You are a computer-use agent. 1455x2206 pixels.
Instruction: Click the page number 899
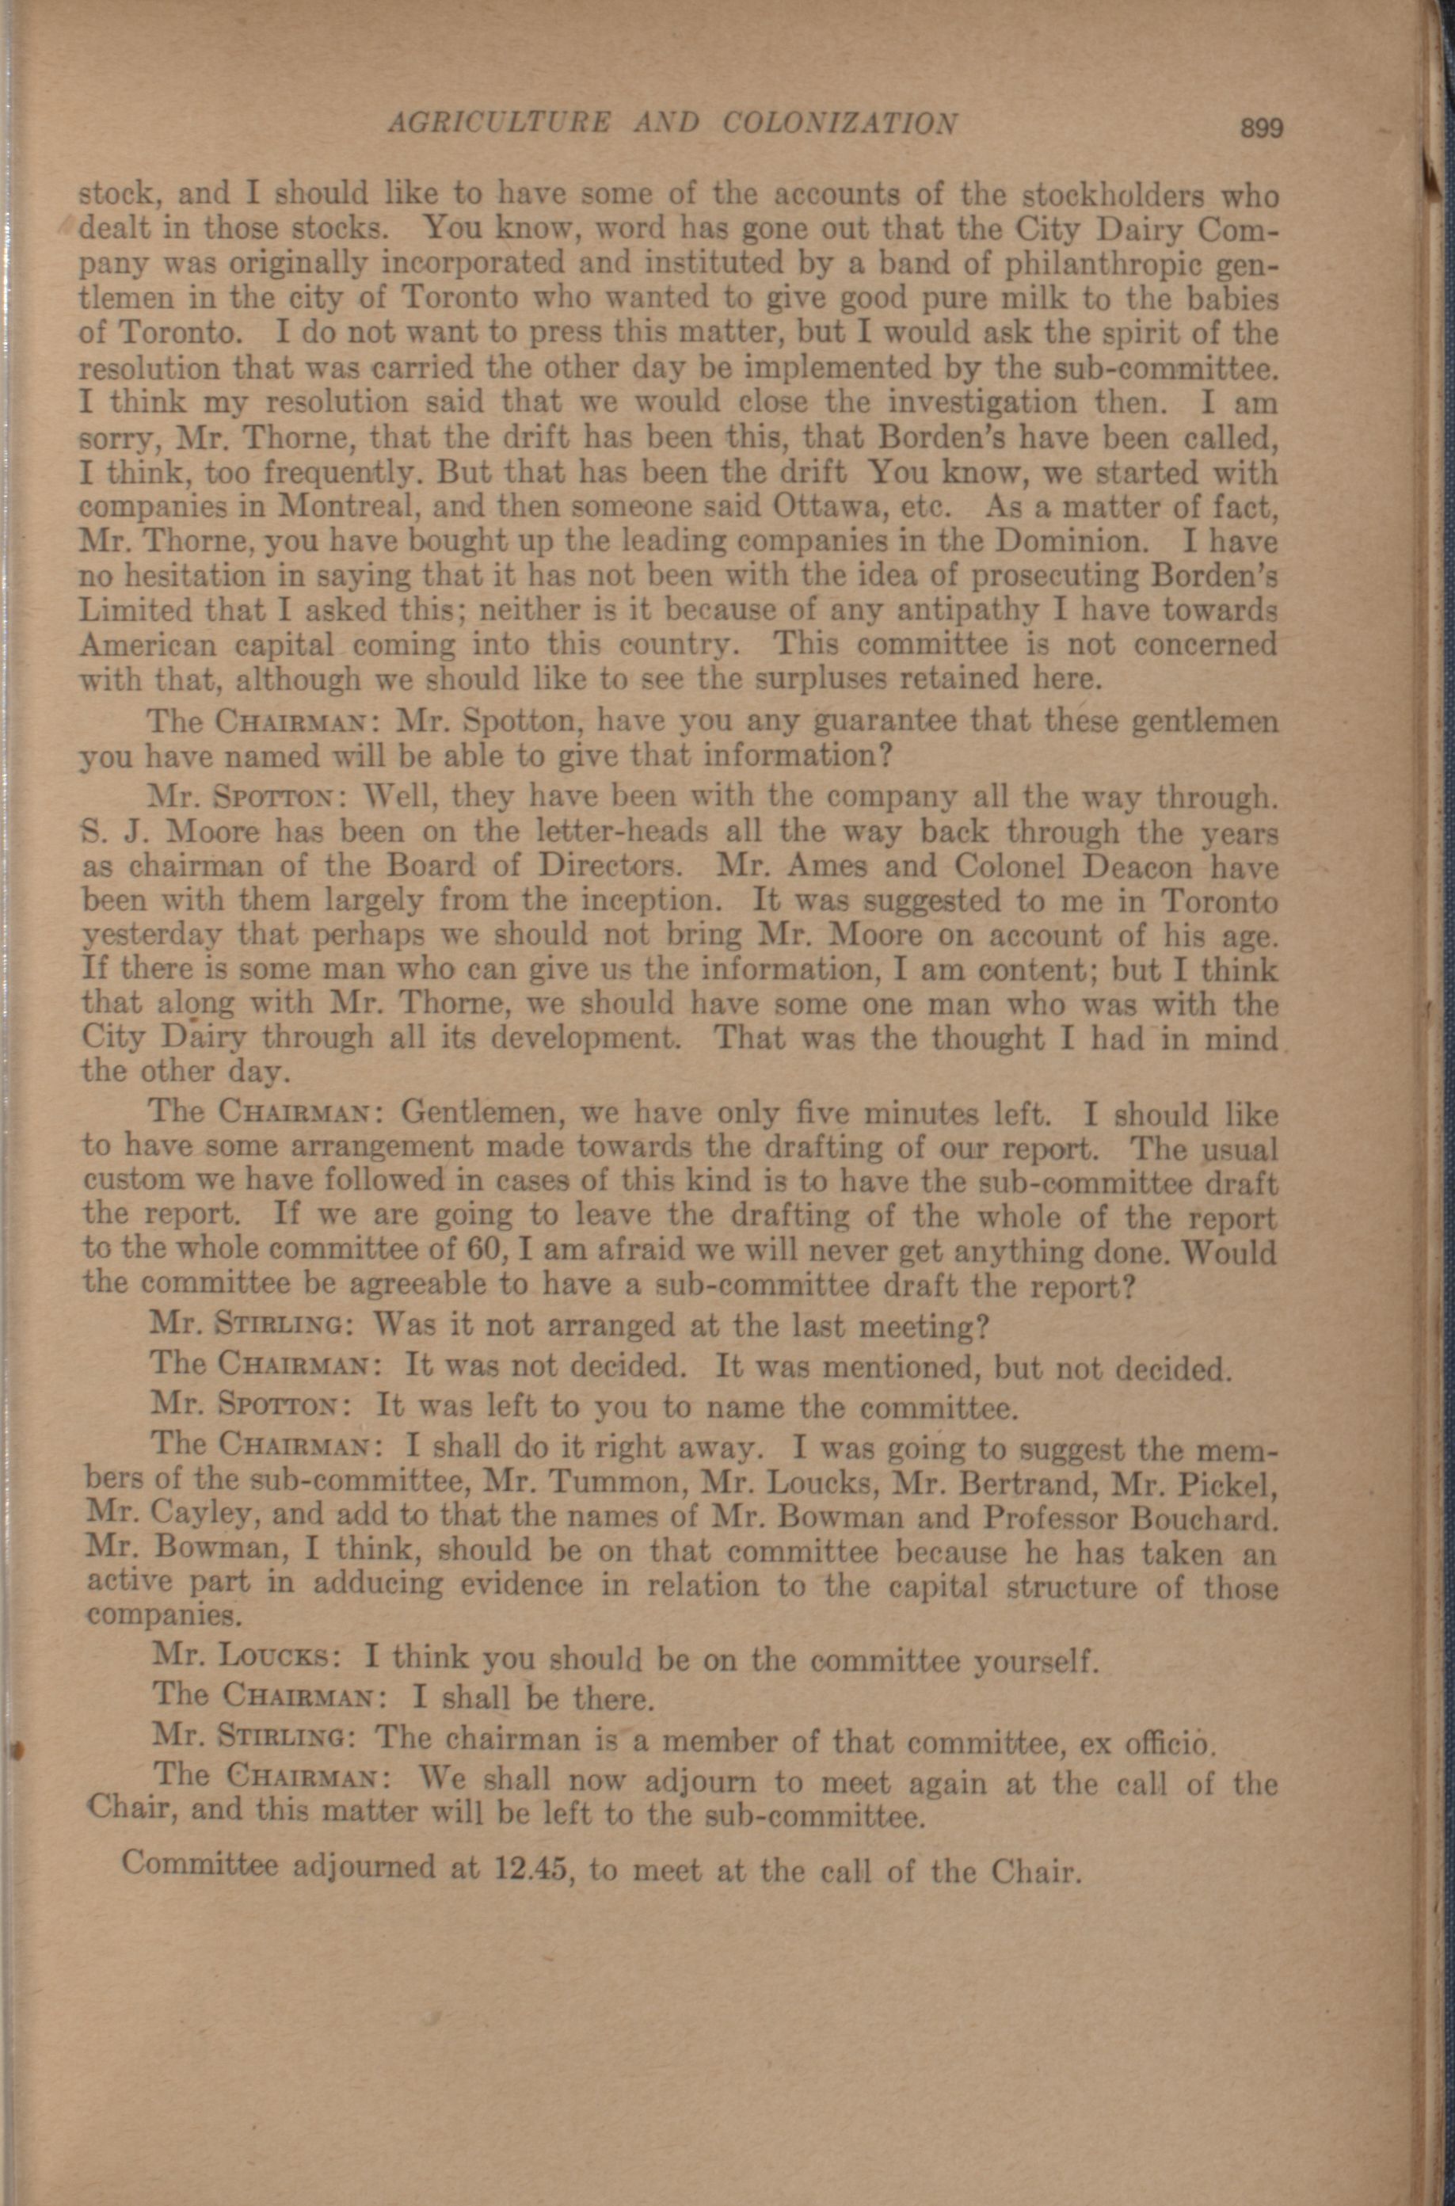click(x=1262, y=128)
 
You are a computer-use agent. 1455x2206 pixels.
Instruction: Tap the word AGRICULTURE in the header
click(x=498, y=123)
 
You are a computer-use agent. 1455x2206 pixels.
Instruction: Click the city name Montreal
click(x=348, y=508)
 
